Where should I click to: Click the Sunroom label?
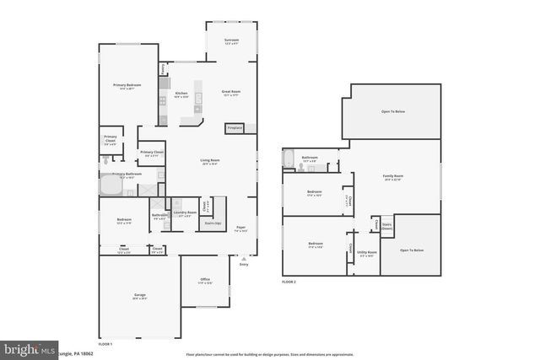click(231, 40)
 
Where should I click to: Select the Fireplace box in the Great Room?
click(234, 128)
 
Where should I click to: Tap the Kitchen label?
click(181, 94)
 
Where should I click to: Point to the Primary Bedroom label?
click(127, 86)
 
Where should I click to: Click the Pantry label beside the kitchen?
click(163, 69)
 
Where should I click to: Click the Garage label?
click(139, 296)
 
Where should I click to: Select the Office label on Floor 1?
click(205, 280)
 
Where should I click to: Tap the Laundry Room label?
click(185, 213)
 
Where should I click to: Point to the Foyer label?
click(240, 228)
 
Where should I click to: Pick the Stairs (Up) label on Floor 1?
click(213, 223)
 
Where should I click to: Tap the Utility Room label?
click(366, 252)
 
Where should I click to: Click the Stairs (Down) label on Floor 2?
click(387, 226)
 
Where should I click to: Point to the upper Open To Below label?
click(393, 110)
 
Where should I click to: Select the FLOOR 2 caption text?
click(289, 282)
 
